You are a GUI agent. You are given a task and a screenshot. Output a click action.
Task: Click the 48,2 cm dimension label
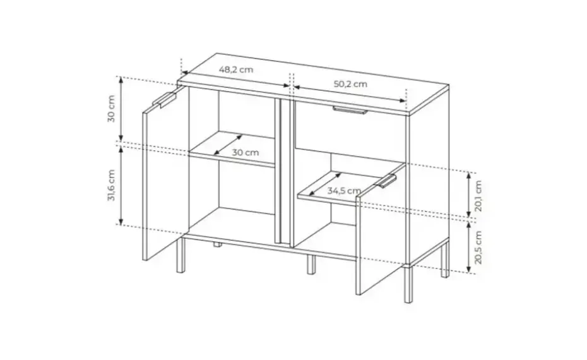pyautogui.click(x=236, y=69)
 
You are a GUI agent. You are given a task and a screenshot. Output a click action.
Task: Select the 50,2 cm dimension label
pyautogui.click(x=350, y=84)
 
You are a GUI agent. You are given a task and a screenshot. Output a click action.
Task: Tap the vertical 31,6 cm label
pyautogui.click(x=112, y=185)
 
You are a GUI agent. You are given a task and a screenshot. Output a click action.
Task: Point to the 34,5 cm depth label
pyautogui.click(x=345, y=191)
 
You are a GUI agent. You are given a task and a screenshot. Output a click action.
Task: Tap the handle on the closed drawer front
pyautogui.click(x=350, y=110)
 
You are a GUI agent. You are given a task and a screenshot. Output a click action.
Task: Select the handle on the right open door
pyautogui.click(x=386, y=181)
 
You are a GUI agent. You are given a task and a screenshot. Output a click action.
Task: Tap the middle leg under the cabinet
pyautogui.click(x=311, y=264)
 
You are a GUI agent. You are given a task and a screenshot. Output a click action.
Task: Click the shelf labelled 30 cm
pyautogui.click(x=232, y=148)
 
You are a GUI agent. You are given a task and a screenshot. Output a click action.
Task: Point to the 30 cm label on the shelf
pyautogui.click(x=246, y=152)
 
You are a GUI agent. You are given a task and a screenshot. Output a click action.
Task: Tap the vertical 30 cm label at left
pyautogui.click(x=112, y=109)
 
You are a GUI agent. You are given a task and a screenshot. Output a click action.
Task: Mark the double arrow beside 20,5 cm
pyautogui.click(x=468, y=247)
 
